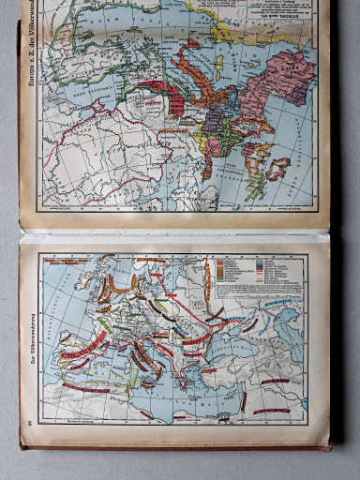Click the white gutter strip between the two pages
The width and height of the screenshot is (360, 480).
178,234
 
